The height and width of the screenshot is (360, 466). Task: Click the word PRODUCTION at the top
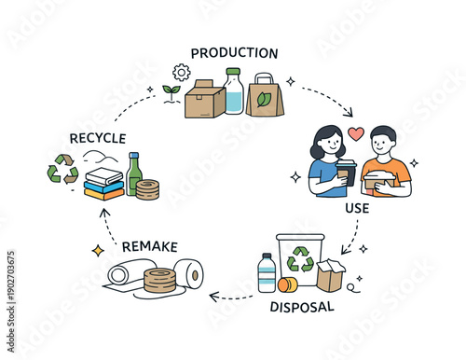(234, 53)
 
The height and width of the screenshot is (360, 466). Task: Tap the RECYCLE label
(97, 139)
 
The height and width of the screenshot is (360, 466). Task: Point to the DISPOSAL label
(303, 306)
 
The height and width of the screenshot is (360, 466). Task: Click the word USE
(357, 207)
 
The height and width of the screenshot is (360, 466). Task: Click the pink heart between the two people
(355, 133)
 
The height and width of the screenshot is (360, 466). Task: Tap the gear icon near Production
(182, 72)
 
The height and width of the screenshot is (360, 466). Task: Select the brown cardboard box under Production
(205, 98)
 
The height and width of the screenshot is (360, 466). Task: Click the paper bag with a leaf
(265, 95)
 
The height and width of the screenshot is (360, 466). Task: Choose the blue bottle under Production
(233, 92)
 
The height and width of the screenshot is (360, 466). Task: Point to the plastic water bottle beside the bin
(267, 272)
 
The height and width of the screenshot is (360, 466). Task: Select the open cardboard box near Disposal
(330, 274)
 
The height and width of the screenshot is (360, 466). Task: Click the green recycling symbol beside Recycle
(63, 169)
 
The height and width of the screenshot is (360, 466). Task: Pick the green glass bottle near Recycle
(133, 174)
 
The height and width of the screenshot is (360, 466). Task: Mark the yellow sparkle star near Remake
(97, 250)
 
